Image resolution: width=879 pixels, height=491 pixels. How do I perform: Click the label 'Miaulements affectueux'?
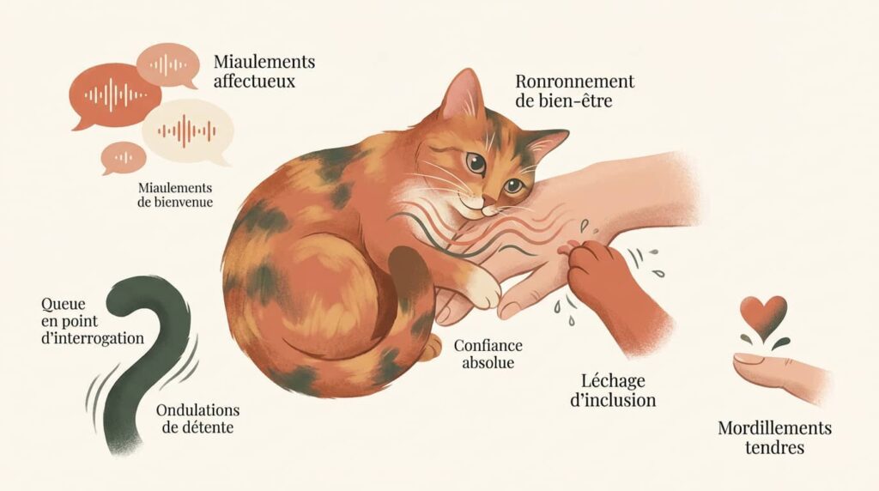pos(264,70)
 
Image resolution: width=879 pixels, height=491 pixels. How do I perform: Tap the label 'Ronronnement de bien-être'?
pos(574,91)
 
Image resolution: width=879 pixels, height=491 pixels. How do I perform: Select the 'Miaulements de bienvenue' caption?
pos(175,195)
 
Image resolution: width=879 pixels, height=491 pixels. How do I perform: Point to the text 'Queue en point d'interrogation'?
pos(93,320)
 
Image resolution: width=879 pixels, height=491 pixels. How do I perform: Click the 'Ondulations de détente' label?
pos(198,418)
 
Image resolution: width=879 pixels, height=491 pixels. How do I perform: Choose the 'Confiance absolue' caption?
pos(488,353)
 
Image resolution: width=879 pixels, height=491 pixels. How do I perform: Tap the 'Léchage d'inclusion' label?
pos(613,390)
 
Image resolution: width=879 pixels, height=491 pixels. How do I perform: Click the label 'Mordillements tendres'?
pos(774,438)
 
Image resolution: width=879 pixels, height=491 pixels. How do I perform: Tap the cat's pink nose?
pos(488,201)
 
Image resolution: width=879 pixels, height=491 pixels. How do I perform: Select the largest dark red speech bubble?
pos(115,96)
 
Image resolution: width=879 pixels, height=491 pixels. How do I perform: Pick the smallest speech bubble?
pos(123,158)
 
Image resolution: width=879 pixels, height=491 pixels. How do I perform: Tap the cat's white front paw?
pos(482,288)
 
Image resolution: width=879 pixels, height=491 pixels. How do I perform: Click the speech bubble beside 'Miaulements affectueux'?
pos(167,66)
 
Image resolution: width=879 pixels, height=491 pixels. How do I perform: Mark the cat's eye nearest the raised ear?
pos(476,162)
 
